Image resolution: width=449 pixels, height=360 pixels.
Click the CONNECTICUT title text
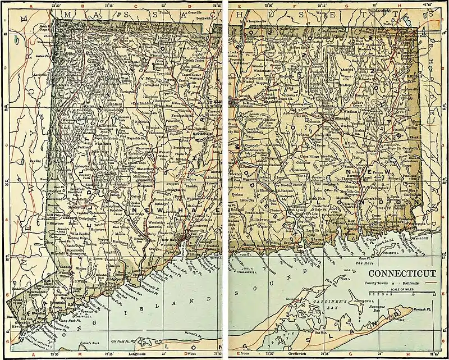[x=401, y=274]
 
